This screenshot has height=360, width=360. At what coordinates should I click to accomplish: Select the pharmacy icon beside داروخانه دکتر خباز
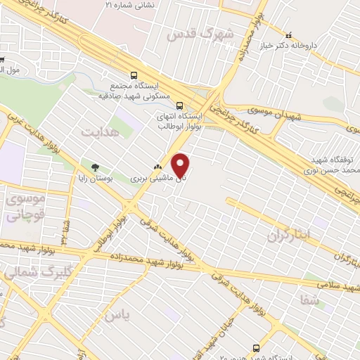pyautogui.click(x=288, y=34)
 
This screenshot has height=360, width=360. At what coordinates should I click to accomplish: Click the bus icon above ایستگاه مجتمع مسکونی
pyautogui.click(x=134, y=75)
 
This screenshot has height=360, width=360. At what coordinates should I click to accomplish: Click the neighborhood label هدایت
pyautogui.click(x=97, y=131)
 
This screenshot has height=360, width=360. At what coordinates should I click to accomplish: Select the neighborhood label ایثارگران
pyautogui.click(x=288, y=236)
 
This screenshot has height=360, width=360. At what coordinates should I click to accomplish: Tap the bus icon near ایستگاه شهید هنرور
pyautogui.click(x=257, y=347)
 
